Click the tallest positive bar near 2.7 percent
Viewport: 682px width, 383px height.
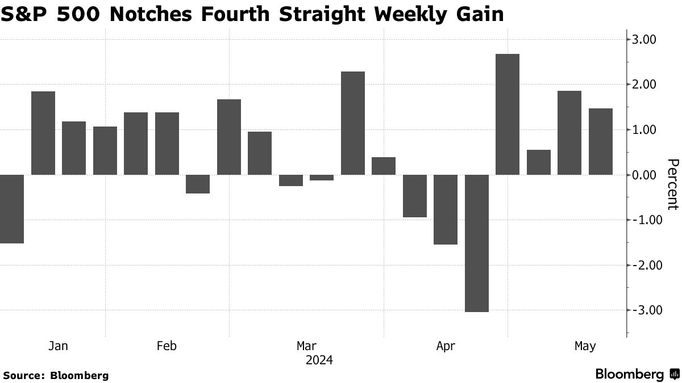click(508, 114)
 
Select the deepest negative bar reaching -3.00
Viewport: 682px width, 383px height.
click(476, 243)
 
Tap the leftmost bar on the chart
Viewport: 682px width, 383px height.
click(11, 209)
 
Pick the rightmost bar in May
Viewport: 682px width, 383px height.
click(600, 141)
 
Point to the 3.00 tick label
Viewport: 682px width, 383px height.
click(644, 40)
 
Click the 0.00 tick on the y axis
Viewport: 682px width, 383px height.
click(644, 175)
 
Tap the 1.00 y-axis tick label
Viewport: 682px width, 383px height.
click(644, 130)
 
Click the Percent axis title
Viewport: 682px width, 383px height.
click(672, 184)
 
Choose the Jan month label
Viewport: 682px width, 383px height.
click(58, 346)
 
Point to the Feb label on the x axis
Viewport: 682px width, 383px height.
click(166, 346)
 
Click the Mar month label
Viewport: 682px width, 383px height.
click(306, 346)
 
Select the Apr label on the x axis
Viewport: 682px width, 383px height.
click(446, 346)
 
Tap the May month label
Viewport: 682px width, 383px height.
click(585, 346)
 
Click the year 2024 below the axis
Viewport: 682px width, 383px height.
click(319, 360)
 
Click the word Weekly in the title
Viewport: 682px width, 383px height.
click(406, 14)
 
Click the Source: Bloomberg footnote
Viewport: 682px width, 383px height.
click(56, 375)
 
